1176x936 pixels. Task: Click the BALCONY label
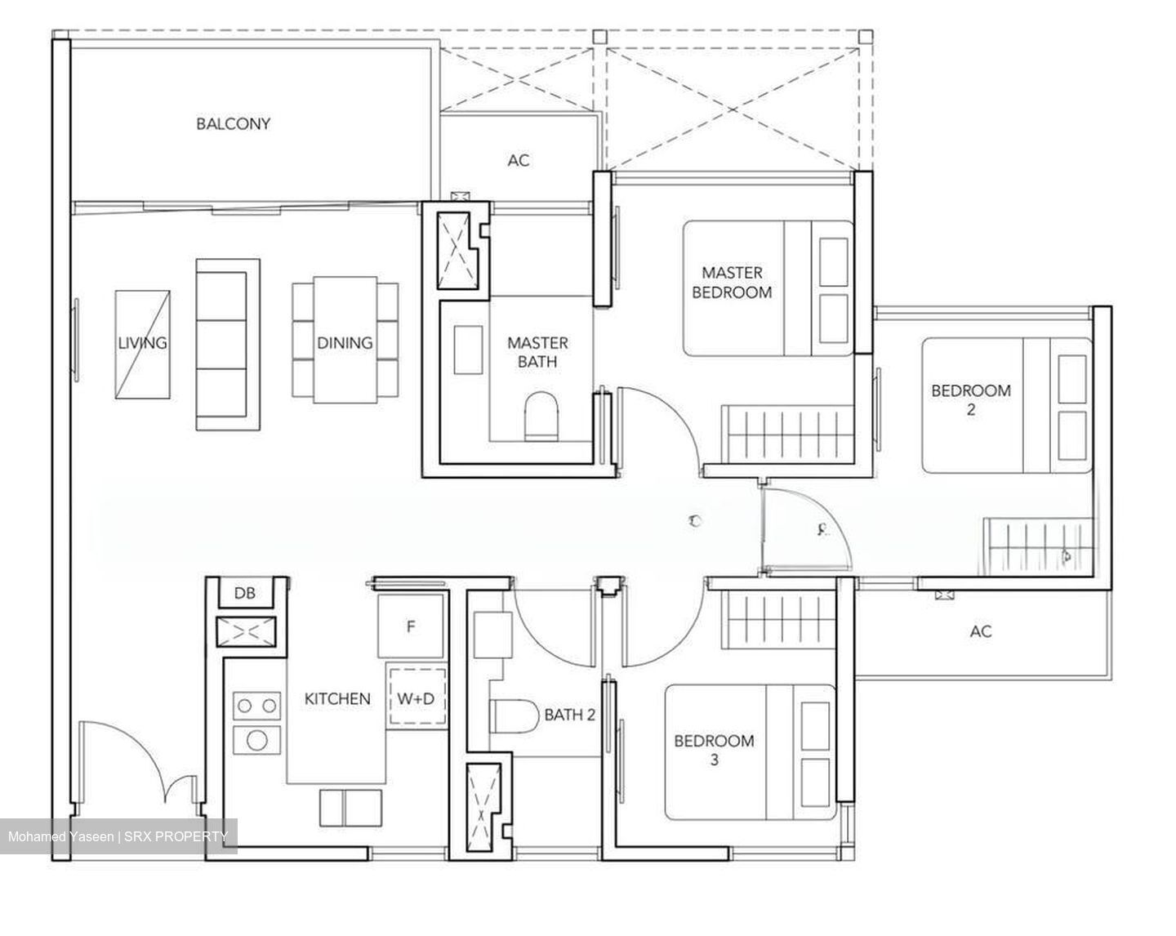tap(233, 124)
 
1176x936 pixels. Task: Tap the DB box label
tap(244, 594)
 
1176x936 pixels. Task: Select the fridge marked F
tap(412, 626)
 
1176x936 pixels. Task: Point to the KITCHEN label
tap(337, 699)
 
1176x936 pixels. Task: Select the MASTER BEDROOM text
tap(732, 282)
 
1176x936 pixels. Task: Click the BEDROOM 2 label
tap(970, 399)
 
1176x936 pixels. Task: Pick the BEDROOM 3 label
tap(714, 750)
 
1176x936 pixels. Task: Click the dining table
tap(345, 341)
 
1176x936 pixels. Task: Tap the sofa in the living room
tap(227, 345)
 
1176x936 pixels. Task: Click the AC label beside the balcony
tap(519, 161)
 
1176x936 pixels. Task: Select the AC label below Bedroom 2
tap(981, 631)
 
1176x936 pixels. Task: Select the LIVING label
tap(142, 343)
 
